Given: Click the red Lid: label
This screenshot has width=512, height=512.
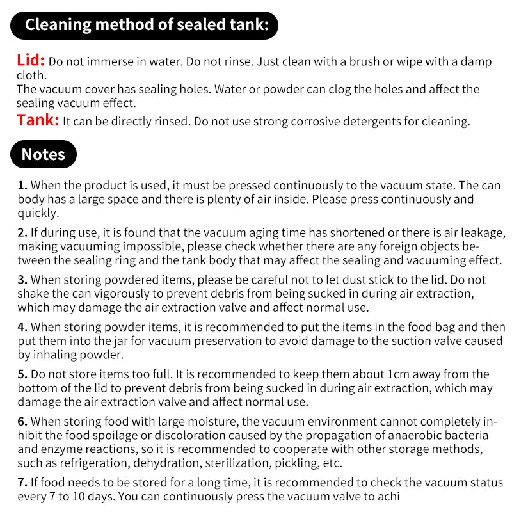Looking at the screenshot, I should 30,61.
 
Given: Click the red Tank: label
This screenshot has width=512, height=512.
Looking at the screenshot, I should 38,120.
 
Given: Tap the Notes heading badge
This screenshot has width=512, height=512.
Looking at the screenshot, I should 44,154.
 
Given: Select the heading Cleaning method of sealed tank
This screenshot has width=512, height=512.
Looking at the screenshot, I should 145,25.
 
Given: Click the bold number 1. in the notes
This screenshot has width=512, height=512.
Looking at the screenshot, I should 22,186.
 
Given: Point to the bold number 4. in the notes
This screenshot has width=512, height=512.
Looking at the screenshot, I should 22,327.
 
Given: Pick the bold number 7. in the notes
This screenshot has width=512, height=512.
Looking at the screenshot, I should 22,483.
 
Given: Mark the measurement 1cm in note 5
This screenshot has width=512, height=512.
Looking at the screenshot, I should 400,374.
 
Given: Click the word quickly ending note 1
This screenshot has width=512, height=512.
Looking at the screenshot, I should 39,213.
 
